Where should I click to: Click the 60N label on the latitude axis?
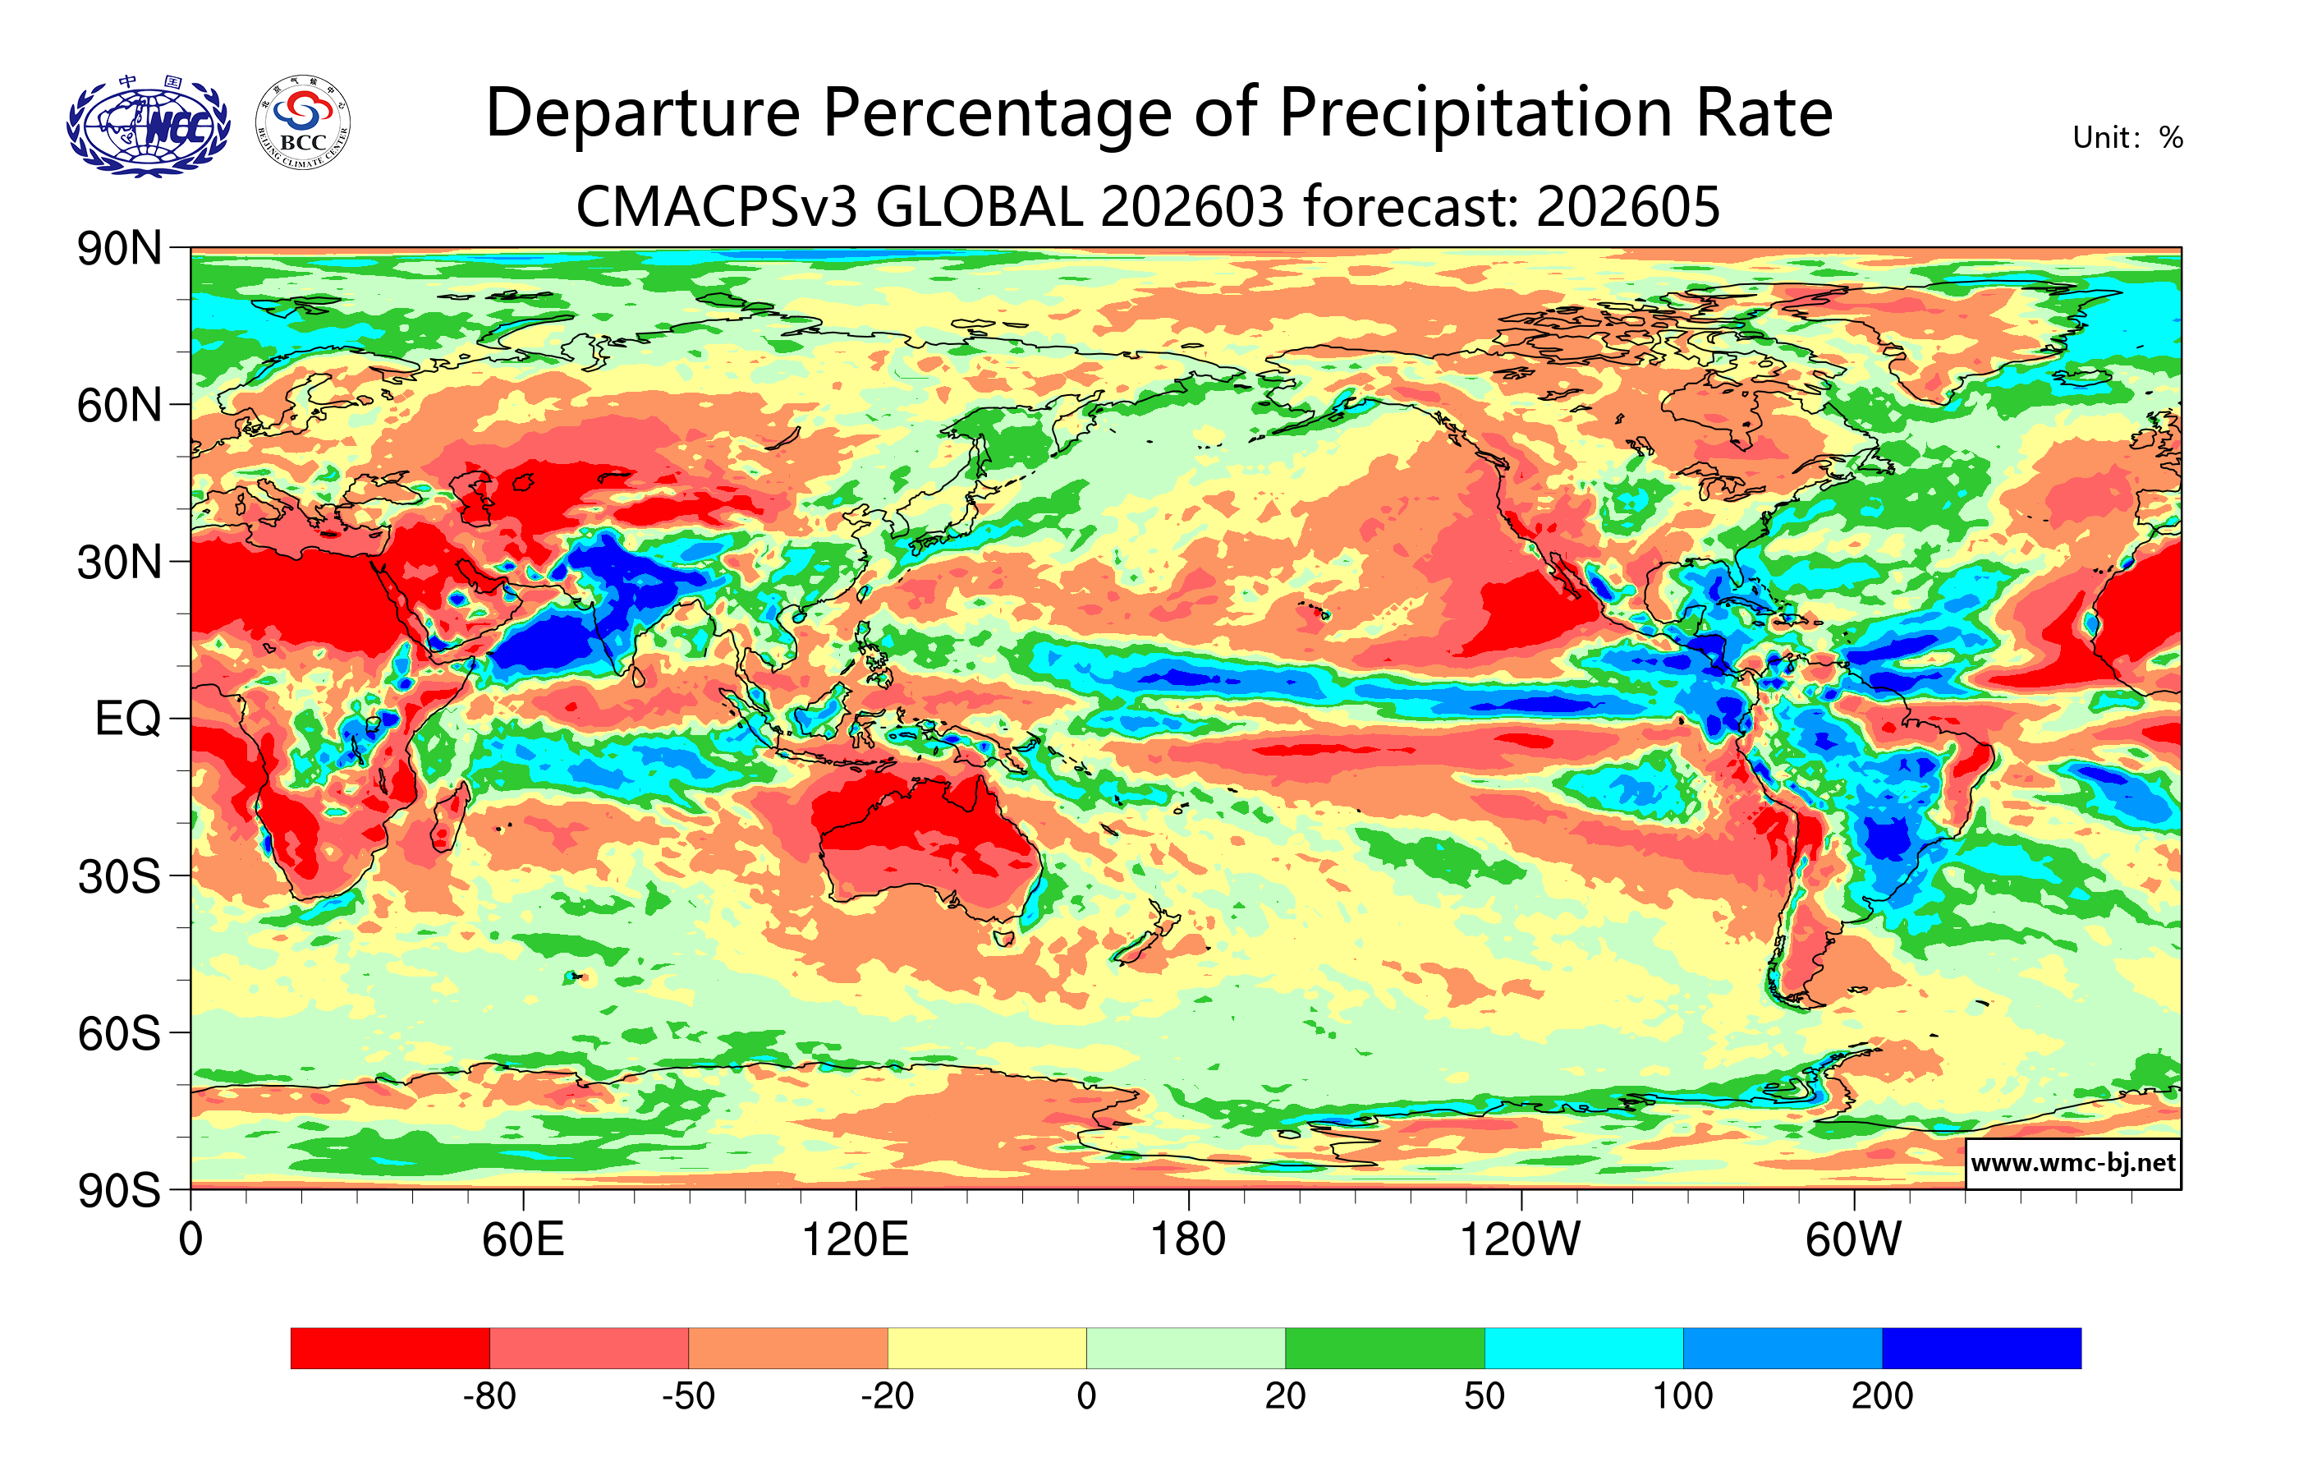click(x=119, y=406)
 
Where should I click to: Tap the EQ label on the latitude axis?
click(x=128, y=719)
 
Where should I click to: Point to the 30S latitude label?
click(x=119, y=876)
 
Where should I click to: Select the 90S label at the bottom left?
click(x=119, y=1191)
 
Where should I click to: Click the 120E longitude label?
click(x=855, y=1240)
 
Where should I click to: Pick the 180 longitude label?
click(x=1188, y=1240)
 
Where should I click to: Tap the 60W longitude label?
click(x=1853, y=1240)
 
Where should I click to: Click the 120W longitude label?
click(x=1520, y=1240)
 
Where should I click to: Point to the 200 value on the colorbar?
click(x=1882, y=1397)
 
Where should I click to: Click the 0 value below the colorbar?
click(x=1086, y=1397)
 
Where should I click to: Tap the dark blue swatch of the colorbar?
click(x=1981, y=1348)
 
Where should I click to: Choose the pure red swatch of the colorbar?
click(x=389, y=1348)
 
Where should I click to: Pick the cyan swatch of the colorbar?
click(x=1583, y=1348)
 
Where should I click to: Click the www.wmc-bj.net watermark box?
click(x=2072, y=1163)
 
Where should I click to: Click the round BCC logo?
click(x=303, y=123)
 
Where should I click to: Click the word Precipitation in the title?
click(x=1475, y=113)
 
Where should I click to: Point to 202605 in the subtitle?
click(x=1628, y=206)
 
